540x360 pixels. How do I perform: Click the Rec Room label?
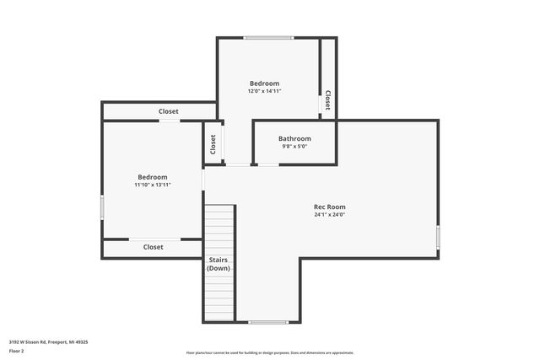click(x=329, y=207)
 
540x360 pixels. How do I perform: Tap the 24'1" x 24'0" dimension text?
click(x=329, y=215)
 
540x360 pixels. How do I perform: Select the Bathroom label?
click(x=294, y=138)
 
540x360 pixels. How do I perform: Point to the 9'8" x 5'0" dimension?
click(x=294, y=147)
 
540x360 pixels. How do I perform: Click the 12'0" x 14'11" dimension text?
click(x=264, y=91)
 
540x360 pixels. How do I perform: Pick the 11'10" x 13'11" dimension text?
click(x=153, y=185)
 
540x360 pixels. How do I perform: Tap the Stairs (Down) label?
click(x=219, y=264)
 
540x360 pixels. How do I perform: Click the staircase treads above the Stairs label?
click(x=219, y=228)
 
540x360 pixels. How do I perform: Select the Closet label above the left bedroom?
click(x=169, y=111)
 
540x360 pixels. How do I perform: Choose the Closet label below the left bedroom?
click(x=153, y=247)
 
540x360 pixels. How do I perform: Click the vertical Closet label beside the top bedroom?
click(x=327, y=100)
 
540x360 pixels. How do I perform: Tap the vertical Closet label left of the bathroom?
click(x=213, y=144)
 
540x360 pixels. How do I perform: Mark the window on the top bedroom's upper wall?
click(x=268, y=37)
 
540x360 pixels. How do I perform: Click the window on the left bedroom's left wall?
click(x=103, y=207)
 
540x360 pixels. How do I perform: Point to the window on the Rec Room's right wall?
click(x=438, y=237)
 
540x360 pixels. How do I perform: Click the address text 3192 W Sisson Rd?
click(x=49, y=342)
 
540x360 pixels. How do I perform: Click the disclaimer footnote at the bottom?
click(x=270, y=353)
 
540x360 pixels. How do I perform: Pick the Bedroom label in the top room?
click(x=264, y=83)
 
